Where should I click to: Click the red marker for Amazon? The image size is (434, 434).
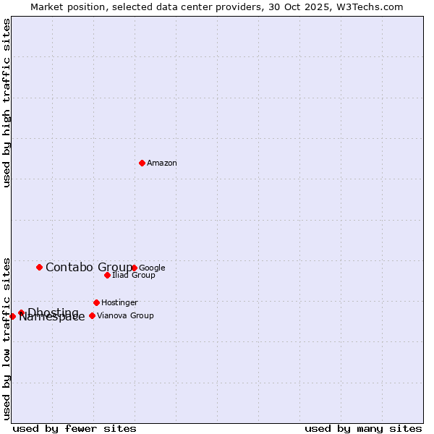coord(142,163)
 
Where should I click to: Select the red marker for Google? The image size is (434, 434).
coord(134,268)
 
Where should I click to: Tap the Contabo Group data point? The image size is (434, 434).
coord(39,267)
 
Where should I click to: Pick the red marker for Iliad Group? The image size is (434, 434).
coord(107,275)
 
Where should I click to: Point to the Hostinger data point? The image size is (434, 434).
coord(96,302)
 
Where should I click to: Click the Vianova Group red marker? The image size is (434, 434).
coord(92,315)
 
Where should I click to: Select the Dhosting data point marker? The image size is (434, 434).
coord(21,312)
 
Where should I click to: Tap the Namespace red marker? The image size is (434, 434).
coord(12,316)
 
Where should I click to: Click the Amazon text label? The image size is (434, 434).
coord(162,163)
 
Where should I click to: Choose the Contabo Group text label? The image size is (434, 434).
coord(89,268)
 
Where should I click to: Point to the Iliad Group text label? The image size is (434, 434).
coord(134,276)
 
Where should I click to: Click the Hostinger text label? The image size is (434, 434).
coord(119,303)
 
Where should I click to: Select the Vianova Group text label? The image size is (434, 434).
coord(125,316)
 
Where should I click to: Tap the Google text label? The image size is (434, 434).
coord(152,268)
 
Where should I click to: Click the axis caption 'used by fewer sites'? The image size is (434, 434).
coord(75,428)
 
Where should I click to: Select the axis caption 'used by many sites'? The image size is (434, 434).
coord(363,428)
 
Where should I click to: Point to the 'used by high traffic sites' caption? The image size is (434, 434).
coord(7,103)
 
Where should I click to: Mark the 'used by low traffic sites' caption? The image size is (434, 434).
coord(7,338)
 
